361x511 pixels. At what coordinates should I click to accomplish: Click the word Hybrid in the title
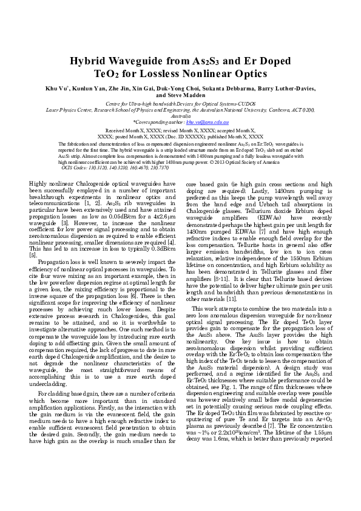coord(89,61)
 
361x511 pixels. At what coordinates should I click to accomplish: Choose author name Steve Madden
coord(180,95)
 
